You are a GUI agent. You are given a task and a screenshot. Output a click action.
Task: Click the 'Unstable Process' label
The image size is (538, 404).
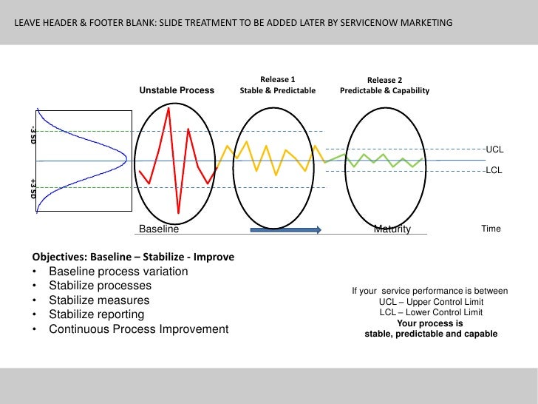pos(177,90)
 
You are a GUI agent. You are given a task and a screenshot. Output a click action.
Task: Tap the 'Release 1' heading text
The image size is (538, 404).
pos(278,79)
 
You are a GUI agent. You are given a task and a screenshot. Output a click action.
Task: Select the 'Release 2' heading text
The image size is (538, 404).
pos(384,80)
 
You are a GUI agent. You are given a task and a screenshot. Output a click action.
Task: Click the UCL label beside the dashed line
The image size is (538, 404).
pos(494,149)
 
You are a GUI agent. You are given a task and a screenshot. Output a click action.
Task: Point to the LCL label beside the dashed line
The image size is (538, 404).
pos(494,171)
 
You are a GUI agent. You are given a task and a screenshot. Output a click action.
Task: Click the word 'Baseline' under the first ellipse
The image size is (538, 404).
pos(159,229)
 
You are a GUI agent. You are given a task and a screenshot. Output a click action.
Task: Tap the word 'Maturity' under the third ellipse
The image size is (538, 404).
pos(392,229)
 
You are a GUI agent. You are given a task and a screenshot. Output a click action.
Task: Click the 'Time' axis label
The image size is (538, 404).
pos(491,229)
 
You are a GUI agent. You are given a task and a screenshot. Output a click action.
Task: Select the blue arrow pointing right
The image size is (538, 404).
pos(285,230)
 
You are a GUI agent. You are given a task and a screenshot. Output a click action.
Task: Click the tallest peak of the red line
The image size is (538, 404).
pos(169,108)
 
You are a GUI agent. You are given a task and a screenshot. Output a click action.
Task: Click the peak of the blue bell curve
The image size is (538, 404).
pos(126,160)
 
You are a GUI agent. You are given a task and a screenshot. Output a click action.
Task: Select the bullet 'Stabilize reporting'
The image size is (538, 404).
pos(96,314)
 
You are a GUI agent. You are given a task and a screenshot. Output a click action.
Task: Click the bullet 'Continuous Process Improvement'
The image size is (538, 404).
pos(139,329)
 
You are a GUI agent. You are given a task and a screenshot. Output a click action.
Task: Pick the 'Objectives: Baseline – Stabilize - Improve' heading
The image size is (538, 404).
pos(133,257)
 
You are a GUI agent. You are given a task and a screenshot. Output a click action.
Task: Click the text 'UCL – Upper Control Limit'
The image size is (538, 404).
pos(431,302)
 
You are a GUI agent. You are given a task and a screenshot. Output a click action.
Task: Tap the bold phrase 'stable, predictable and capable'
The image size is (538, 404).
pos(431,334)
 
